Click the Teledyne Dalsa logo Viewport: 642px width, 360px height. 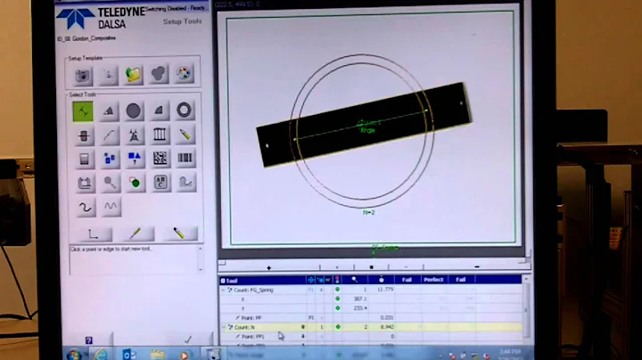[x=88, y=19]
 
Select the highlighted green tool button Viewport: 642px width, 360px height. [x=84, y=110]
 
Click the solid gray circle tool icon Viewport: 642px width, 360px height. [x=134, y=110]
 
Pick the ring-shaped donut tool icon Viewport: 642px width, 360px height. [x=185, y=110]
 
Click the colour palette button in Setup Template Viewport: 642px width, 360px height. [x=184, y=74]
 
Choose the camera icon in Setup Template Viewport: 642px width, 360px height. [x=84, y=74]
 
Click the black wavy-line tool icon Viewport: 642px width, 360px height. [x=84, y=207]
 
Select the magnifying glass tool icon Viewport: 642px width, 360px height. [x=109, y=182]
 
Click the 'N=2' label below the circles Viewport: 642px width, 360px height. [x=368, y=212]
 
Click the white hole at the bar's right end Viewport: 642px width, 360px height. [x=460, y=101]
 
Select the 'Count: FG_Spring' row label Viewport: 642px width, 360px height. [x=258, y=290]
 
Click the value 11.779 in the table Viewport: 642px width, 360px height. [x=385, y=290]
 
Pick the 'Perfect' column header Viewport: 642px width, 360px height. [x=434, y=280]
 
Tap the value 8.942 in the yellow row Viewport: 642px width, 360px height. [x=385, y=327]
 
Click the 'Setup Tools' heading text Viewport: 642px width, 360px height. [x=183, y=20]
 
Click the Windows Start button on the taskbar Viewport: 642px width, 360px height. [x=74, y=354]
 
